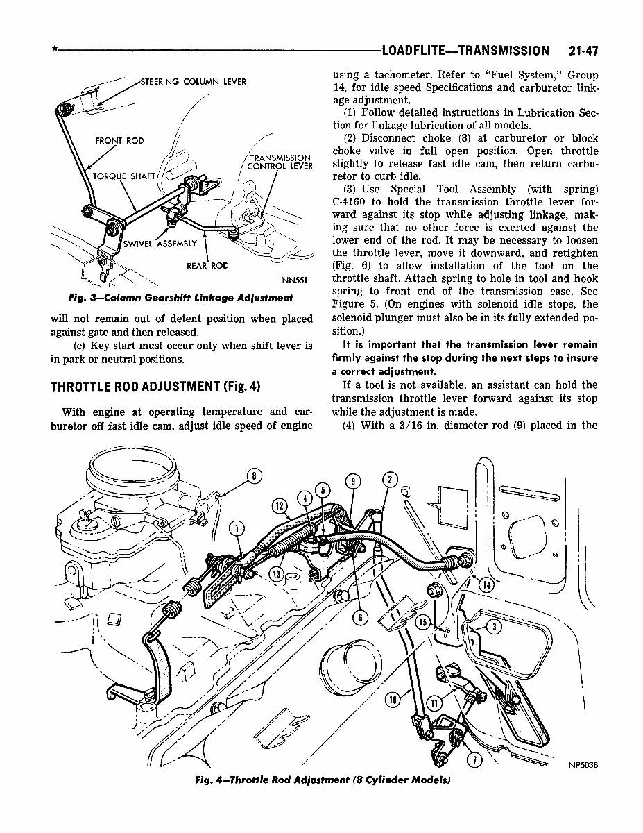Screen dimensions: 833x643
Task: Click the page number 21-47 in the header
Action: click(x=583, y=51)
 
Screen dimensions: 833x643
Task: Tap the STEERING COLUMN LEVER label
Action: click(x=193, y=82)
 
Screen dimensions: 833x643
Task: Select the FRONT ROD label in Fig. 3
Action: click(x=119, y=141)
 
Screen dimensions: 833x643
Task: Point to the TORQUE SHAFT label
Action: click(x=124, y=176)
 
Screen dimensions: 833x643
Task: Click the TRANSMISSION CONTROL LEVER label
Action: click(x=280, y=162)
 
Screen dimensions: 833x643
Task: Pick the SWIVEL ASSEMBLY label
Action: click(x=160, y=244)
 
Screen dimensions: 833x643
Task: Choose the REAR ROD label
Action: click(x=207, y=266)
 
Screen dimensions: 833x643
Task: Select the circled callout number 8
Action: click(x=254, y=476)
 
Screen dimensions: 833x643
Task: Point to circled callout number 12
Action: click(x=280, y=505)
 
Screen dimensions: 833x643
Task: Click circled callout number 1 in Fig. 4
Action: click(x=237, y=529)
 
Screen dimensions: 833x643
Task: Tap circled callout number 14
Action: click(x=487, y=584)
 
